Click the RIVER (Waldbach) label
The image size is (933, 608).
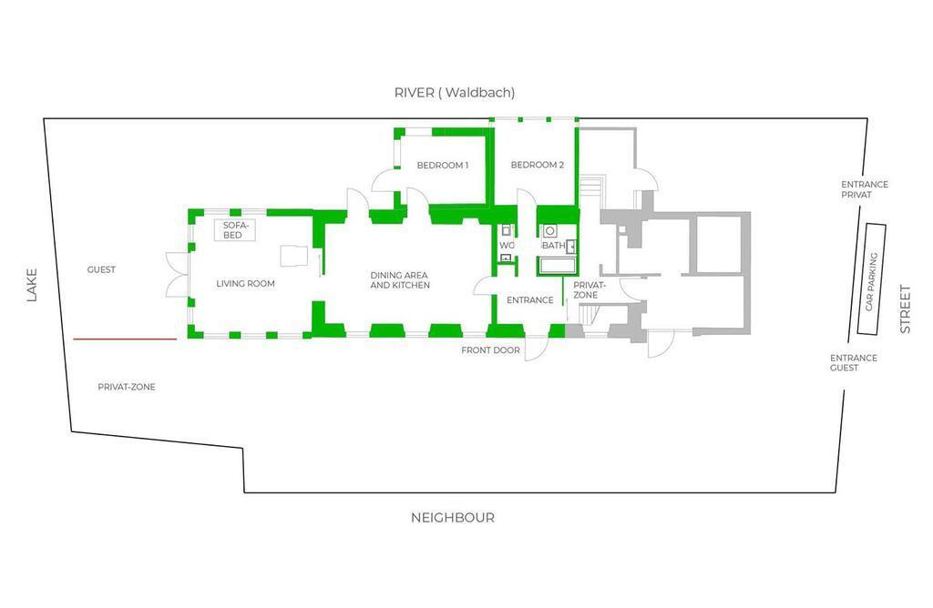(455, 93)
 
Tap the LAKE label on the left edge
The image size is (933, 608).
(32, 285)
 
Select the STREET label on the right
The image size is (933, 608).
(905, 309)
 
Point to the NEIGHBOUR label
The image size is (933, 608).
(453, 518)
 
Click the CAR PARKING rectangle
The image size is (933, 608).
(872, 279)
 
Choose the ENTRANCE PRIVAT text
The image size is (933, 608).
(865, 189)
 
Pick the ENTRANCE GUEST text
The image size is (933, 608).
(854, 362)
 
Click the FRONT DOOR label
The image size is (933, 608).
(490, 350)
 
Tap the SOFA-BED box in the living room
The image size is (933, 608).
(235, 230)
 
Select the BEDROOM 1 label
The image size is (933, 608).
(443, 166)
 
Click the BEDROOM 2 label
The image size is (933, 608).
(538, 165)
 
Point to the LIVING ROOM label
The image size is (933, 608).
(246, 284)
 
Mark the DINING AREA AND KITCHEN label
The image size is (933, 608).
(400, 280)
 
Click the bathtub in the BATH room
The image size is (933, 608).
(558, 266)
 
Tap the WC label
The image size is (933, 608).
(507, 246)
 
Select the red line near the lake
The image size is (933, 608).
(125, 339)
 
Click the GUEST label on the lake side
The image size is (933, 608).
(101, 269)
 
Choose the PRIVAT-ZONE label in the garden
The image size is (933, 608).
(127, 387)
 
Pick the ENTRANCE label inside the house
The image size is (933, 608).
(530, 300)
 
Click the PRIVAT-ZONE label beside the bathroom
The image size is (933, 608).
(590, 290)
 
